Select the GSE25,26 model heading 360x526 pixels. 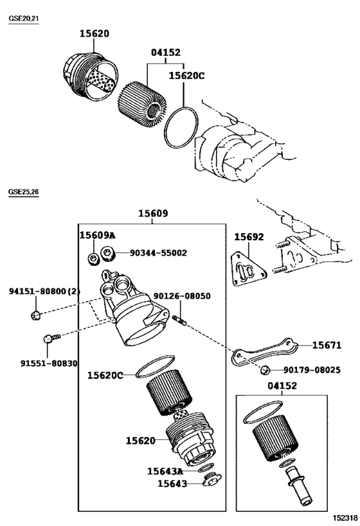(23, 192)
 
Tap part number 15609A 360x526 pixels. (97, 236)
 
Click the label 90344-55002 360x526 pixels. (158, 253)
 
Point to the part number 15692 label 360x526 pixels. (248, 237)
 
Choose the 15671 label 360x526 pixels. (327, 345)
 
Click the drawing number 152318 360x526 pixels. (345, 517)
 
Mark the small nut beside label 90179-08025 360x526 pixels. (264, 369)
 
